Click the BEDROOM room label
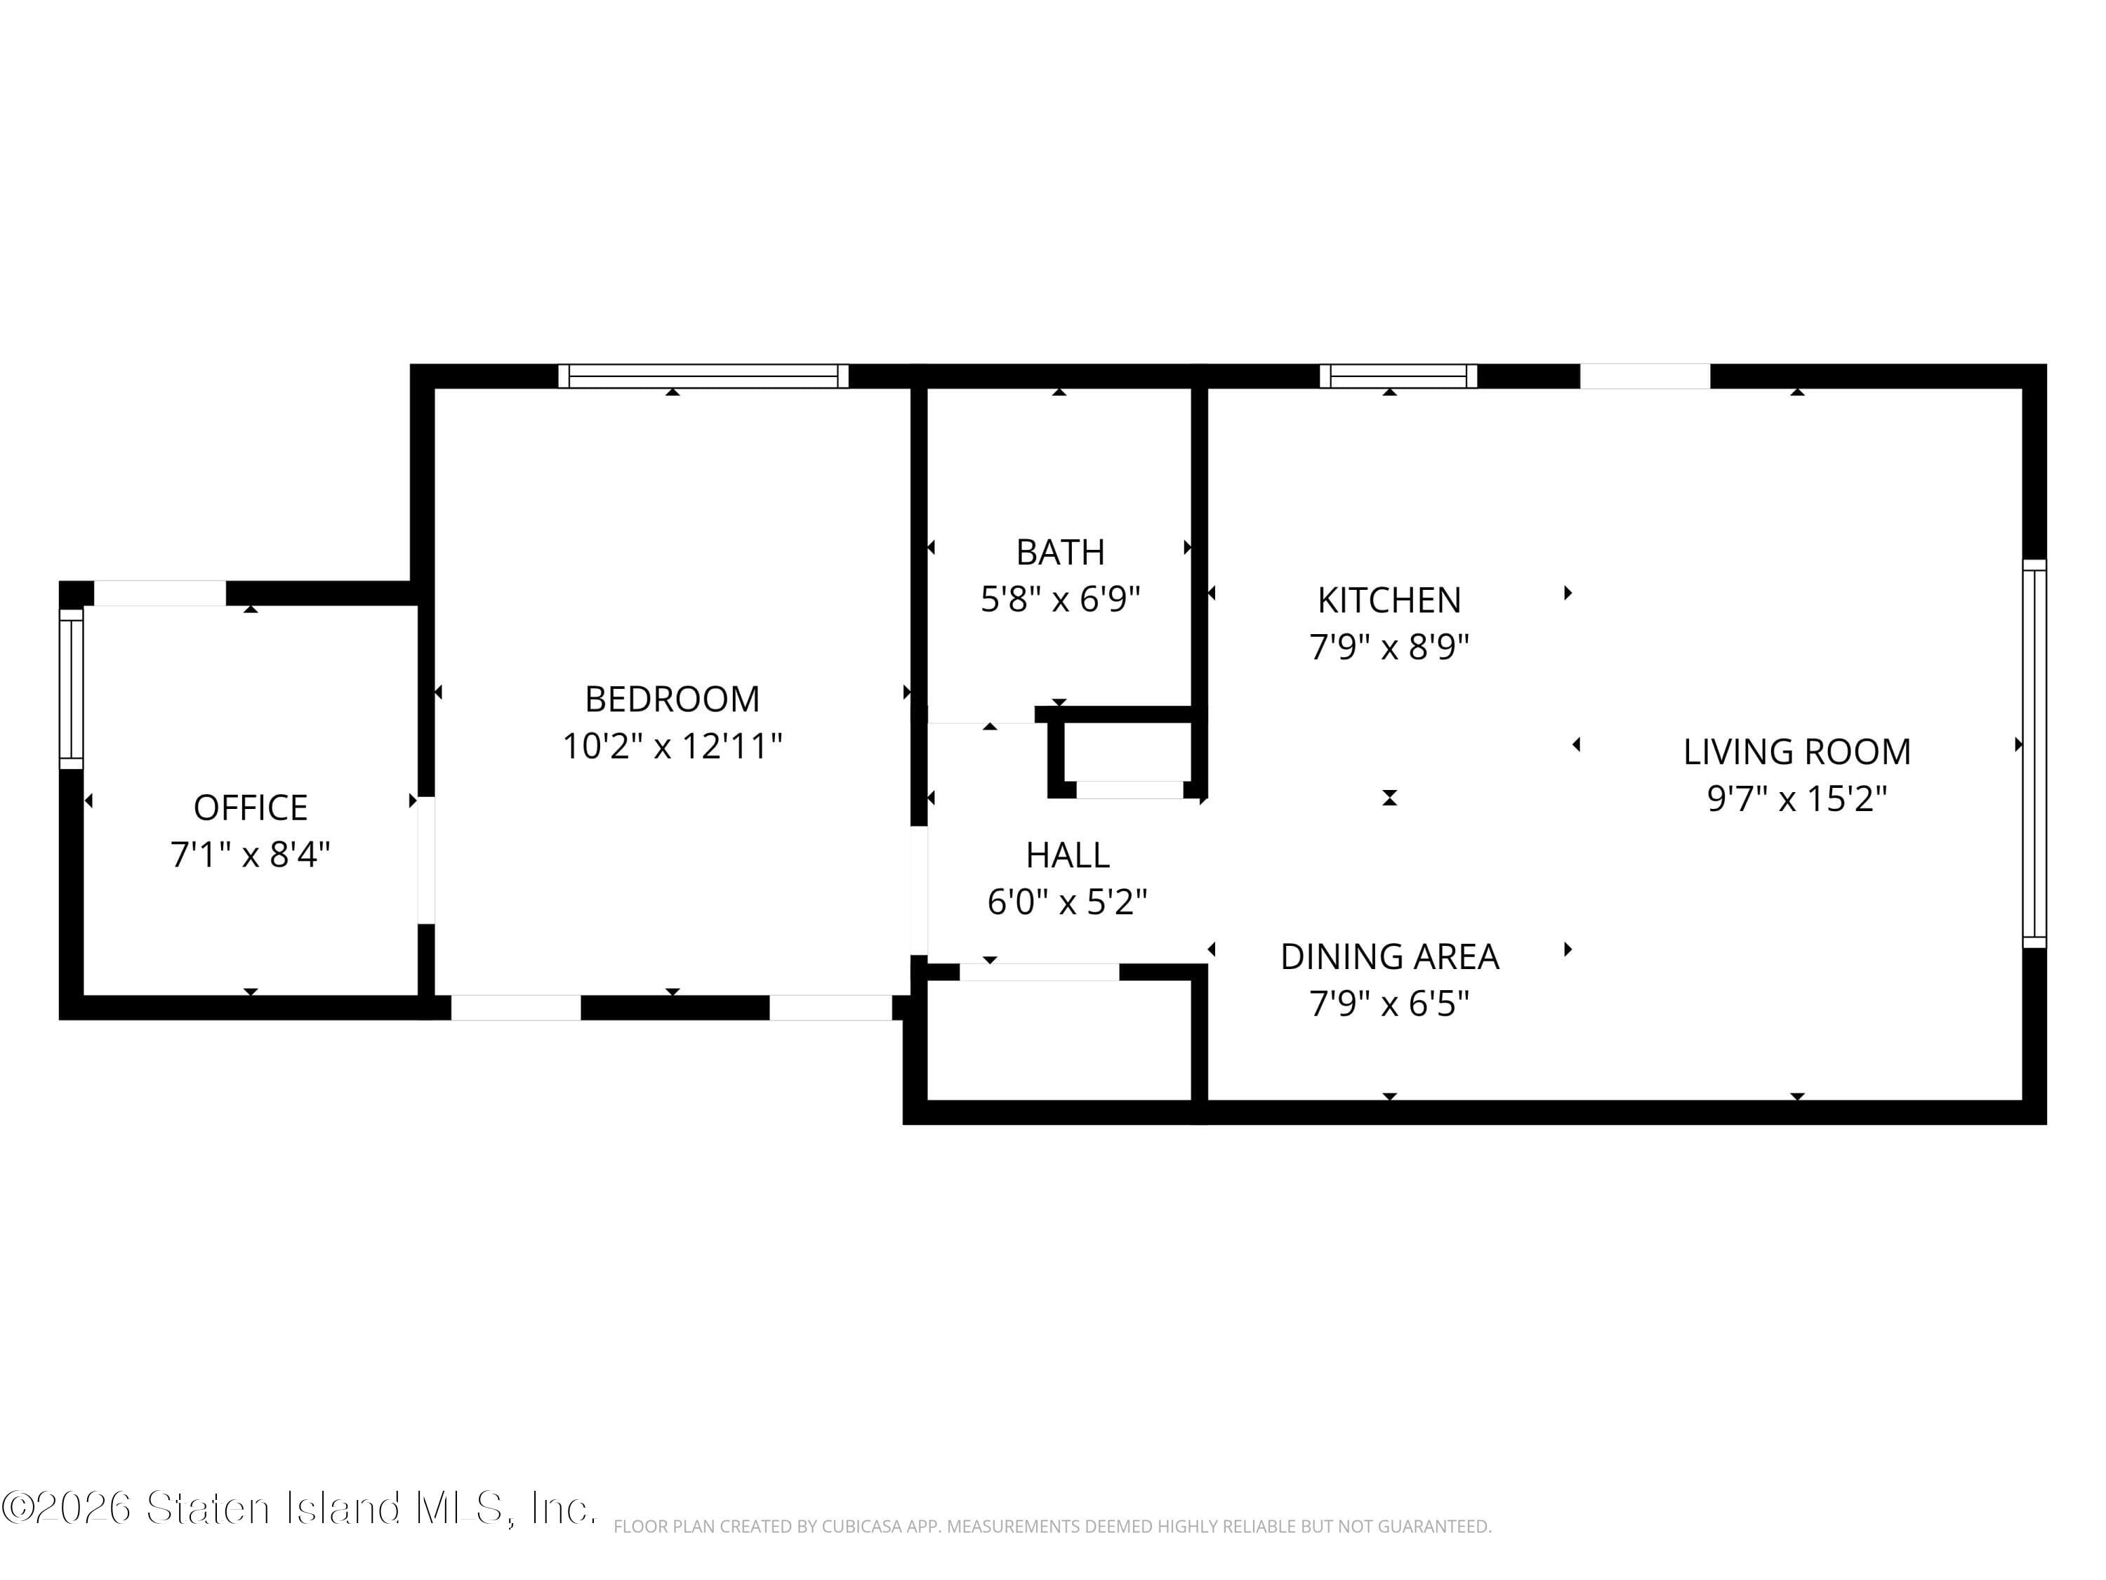[x=673, y=699]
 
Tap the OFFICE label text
[x=251, y=808]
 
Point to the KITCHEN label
[x=1389, y=600]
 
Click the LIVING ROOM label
[x=1796, y=751]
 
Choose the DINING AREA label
[x=1389, y=956]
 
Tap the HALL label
[x=1067, y=855]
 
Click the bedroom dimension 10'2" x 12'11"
[x=673, y=746]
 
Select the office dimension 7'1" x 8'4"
[x=251, y=855]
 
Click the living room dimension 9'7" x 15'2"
[x=1796, y=798]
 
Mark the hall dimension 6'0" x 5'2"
[x=1067, y=902]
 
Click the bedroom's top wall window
[x=703, y=376]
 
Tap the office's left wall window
[x=72, y=689]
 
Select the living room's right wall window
[x=2034, y=753]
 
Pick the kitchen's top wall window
[x=1398, y=376]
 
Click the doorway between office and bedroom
[x=427, y=860]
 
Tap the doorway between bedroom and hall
[x=919, y=890]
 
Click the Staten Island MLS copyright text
[x=299, y=1508]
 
